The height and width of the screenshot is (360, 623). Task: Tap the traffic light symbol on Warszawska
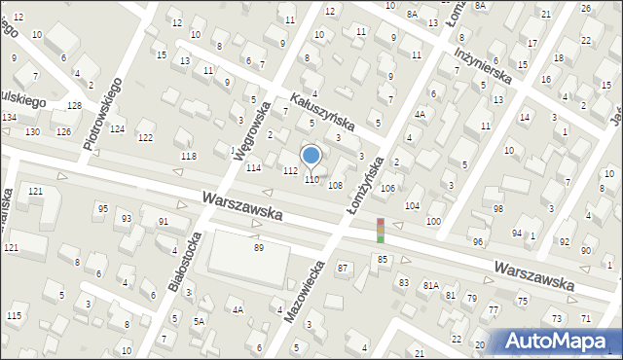tap(381, 231)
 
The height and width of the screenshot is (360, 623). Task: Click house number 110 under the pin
tap(311, 180)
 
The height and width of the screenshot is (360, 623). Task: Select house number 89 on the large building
tap(259, 248)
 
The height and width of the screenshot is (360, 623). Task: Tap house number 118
tap(189, 157)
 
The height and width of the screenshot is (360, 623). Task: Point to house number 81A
tap(430, 286)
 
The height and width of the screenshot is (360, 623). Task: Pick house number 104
tap(413, 206)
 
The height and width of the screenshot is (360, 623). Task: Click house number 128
tap(74, 105)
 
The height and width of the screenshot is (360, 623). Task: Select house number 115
tap(14, 316)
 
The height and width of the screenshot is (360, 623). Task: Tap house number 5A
tap(199, 321)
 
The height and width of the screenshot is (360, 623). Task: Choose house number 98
tap(498, 209)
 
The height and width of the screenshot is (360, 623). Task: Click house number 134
tap(9, 118)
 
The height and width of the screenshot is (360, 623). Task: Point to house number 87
tap(343, 268)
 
